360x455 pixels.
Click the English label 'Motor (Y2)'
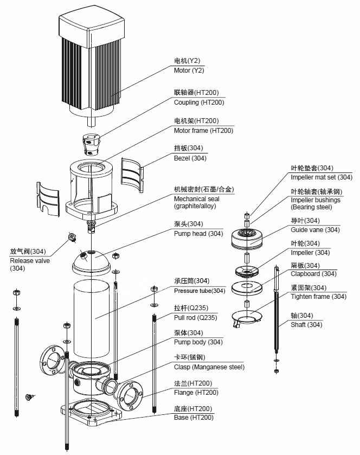pyautogui.click(x=189, y=71)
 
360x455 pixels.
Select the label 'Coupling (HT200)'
pyautogui.click(x=198, y=102)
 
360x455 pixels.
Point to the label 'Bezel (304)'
pyautogui.click(x=190, y=158)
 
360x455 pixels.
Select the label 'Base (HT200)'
pyautogui.click(x=194, y=418)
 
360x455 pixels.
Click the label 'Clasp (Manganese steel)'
pyautogui.click(x=209, y=367)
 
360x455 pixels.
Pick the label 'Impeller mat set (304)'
pyautogui.click(x=321, y=177)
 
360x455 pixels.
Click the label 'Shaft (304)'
pyautogui.click(x=306, y=325)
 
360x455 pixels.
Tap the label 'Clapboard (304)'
pyautogui.click(x=313, y=274)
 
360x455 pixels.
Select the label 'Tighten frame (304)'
pyautogui.click(x=318, y=297)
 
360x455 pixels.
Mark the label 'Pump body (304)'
pyautogui.click(x=198, y=342)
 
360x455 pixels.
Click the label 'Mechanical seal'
pyautogui.click(x=196, y=199)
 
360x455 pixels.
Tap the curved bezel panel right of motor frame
pyautogui.click(x=132, y=174)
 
